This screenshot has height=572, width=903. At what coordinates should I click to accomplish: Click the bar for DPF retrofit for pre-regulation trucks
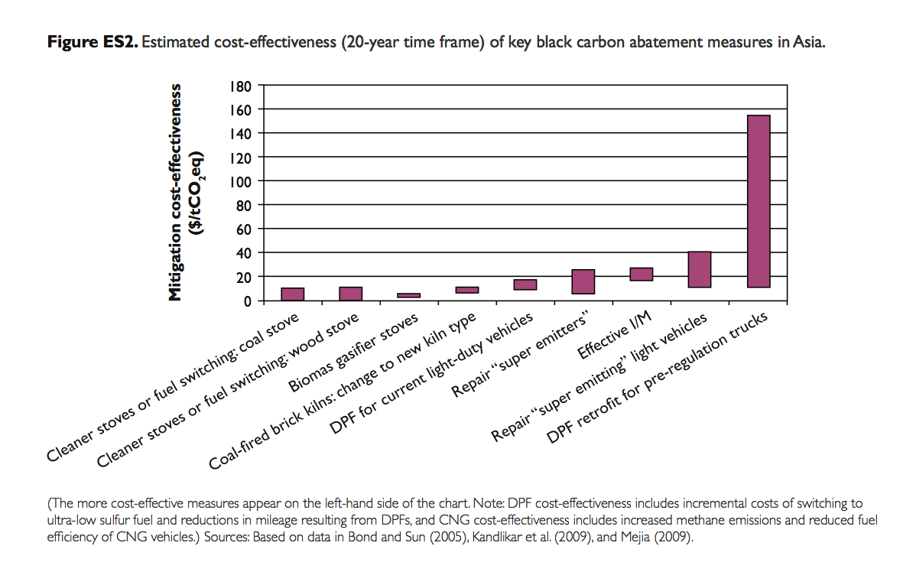[758, 201]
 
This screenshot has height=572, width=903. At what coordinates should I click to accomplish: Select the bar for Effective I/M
[642, 274]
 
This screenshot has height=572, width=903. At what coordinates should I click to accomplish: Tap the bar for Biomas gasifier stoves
[408, 294]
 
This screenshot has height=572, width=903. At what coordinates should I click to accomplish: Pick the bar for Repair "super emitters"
[583, 281]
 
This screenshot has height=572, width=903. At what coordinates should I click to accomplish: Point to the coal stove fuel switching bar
[292, 294]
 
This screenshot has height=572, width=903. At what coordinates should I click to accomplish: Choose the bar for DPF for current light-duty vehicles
[525, 284]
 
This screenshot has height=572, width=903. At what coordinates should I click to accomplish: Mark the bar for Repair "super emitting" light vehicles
[700, 269]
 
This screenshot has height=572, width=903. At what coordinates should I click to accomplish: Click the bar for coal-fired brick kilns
[466, 290]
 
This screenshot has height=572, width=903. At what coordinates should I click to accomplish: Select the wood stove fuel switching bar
[350, 293]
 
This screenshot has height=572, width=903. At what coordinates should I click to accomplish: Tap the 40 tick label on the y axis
[243, 253]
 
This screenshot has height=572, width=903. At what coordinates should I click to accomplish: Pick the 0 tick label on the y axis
[247, 301]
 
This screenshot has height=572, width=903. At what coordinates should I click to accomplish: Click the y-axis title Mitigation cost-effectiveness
[177, 192]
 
